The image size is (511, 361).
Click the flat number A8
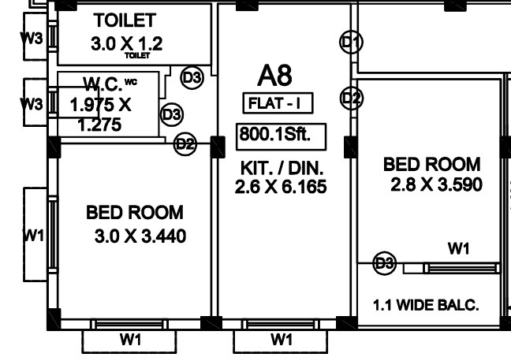274,76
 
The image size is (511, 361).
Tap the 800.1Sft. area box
274,135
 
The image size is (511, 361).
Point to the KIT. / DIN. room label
282,169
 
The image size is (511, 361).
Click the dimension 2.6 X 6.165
281,187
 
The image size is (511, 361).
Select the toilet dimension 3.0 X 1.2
126,43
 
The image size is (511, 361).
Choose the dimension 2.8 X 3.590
436,185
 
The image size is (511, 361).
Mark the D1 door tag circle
352,42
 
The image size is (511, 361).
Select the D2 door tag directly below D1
352,98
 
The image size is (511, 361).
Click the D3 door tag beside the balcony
384,263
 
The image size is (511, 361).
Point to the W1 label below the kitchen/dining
282,341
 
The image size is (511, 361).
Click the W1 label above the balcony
458,249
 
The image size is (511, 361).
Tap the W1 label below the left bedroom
130,341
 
